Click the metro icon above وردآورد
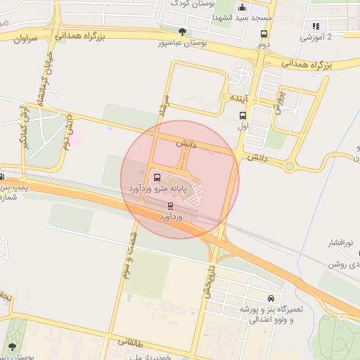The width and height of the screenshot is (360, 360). pyautogui.click(x=170, y=206)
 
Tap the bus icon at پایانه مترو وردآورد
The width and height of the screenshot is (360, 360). pyautogui.click(x=156, y=177)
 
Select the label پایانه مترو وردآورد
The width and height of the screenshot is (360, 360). pyautogui.click(x=162, y=189)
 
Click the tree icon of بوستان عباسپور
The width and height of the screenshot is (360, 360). pyautogui.click(x=183, y=32)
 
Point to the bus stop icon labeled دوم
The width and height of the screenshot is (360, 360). pyautogui.click(x=264, y=34)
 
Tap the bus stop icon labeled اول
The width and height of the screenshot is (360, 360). pyautogui.click(x=243, y=116)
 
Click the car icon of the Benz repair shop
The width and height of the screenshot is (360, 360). pyautogui.click(x=271, y=298)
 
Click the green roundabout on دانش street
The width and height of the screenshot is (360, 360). pyautogui.click(x=289, y=166)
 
